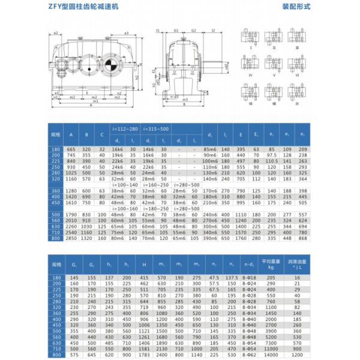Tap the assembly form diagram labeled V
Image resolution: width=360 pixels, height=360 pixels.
pos(274,64)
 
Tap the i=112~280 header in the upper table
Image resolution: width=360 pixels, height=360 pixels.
pos(125,128)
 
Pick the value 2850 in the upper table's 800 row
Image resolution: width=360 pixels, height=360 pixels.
pos(71,238)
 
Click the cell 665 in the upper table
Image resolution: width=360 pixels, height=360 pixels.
pos(71,148)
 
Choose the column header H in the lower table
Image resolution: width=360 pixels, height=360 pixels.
pos(143,264)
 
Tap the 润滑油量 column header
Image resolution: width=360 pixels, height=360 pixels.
pos(296,264)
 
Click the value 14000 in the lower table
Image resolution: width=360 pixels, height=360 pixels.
pos(271,349)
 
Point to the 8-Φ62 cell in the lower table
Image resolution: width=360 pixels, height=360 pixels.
pos(248,355)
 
